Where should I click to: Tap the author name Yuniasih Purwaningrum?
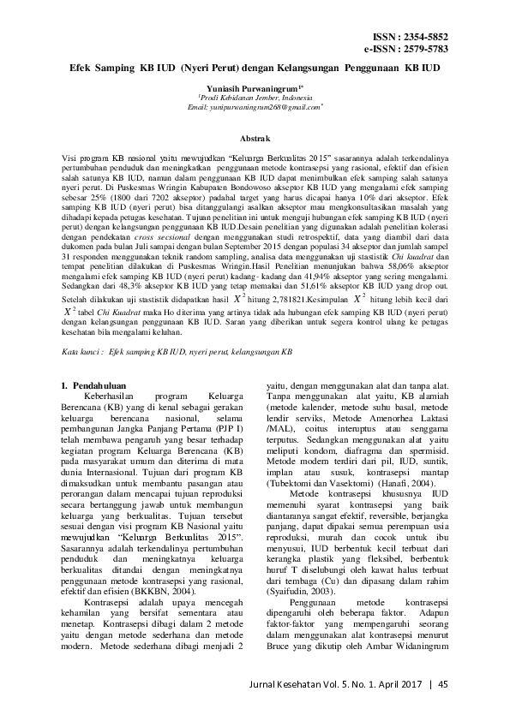tap(255, 88)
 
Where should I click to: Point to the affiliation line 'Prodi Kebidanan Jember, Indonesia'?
tap(254, 98)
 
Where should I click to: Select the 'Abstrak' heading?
tap(255, 137)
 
